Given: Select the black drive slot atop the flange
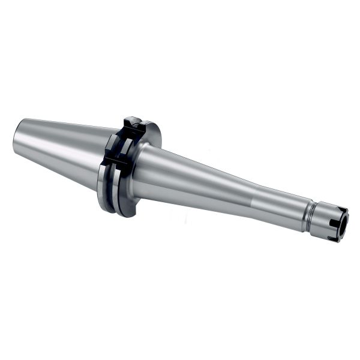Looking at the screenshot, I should tap(134, 124).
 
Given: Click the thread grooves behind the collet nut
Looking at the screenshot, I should tap(309, 212).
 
